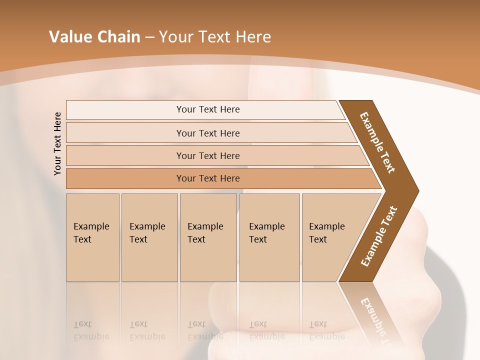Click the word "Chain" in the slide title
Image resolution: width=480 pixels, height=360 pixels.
coord(118,37)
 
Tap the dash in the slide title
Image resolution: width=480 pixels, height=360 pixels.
coord(149,37)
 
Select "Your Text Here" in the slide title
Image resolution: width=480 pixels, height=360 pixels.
coord(215,37)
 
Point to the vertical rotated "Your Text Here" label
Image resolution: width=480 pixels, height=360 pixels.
coord(57,143)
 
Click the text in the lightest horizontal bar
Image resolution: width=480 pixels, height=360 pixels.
coord(208,109)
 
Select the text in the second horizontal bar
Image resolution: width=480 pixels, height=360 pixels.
coord(208,133)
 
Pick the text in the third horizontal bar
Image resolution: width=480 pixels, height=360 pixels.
coord(208,156)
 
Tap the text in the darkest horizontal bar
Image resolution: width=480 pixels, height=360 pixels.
coord(208,178)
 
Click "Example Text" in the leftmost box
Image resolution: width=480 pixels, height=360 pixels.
coord(91,233)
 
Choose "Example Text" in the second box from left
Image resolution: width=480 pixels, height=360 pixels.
coord(147,233)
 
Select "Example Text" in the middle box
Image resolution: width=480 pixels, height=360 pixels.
coord(205,233)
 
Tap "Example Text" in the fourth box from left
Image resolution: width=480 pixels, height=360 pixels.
coord(266,233)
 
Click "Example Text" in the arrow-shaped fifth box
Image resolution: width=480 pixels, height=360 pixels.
coord(326,233)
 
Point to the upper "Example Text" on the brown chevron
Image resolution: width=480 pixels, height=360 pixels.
coord(377,142)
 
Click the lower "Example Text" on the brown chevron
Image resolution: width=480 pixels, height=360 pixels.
coord(379,236)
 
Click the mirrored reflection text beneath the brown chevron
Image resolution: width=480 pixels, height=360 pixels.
coord(376,320)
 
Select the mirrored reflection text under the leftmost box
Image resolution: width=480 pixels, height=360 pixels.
coord(91,330)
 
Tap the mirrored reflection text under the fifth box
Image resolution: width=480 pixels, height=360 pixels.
coord(326,330)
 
